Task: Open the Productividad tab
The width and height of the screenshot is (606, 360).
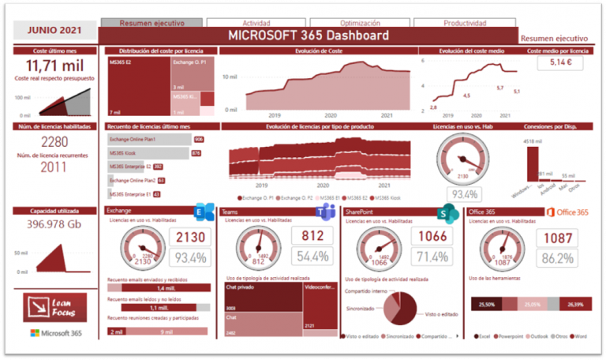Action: [464, 24]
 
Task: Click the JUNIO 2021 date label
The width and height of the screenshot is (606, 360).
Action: [53, 31]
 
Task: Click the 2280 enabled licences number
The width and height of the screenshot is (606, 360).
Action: [54, 141]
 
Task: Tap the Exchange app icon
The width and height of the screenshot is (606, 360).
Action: [204, 212]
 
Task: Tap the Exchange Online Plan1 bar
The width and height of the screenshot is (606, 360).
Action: [150, 140]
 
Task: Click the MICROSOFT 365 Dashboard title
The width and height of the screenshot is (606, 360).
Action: [308, 36]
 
